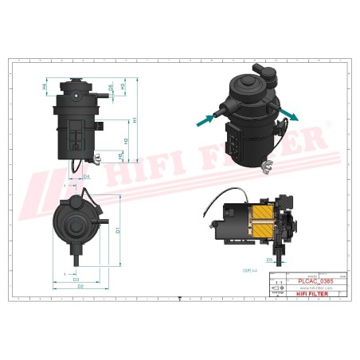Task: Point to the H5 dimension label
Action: point(119,157)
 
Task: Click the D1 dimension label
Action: point(117,232)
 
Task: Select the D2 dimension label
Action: point(80,285)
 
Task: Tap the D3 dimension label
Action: point(76,279)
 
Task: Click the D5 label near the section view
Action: point(269,260)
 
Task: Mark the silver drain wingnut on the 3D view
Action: point(268,166)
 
